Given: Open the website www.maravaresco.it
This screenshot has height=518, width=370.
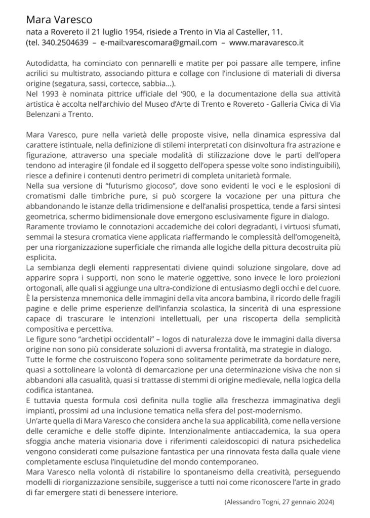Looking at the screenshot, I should [x=266, y=43].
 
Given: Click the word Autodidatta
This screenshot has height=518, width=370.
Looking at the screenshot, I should [x=46, y=64].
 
